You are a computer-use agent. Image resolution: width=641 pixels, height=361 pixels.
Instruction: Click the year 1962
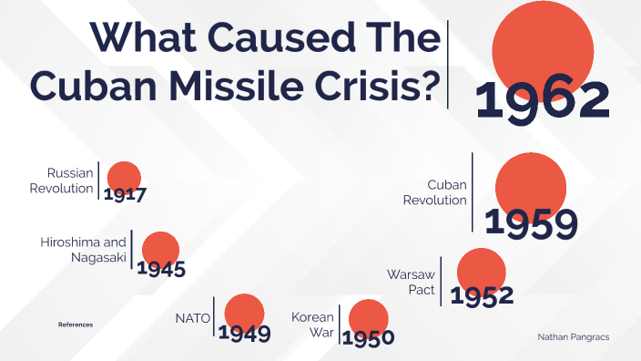[543, 100]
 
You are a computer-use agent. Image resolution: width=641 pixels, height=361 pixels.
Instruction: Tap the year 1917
[125, 194]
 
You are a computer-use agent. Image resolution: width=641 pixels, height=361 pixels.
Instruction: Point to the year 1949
[244, 333]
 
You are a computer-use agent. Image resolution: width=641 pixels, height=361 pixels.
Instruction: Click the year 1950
[368, 337]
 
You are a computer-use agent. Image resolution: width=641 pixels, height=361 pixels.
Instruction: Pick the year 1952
[482, 295]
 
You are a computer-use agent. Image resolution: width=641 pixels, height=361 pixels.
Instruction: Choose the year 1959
[531, 224]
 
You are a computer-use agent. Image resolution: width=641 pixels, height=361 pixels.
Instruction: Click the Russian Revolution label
[69, 180]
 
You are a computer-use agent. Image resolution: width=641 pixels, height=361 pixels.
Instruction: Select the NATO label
[193, 318]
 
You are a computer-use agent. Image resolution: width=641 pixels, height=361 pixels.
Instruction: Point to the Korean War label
[314, 325]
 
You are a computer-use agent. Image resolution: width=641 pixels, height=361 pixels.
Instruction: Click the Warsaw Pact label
[412, 282]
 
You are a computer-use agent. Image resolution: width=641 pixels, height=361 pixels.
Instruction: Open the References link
[76, 325]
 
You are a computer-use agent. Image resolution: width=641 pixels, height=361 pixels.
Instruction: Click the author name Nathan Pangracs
[573, 336]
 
